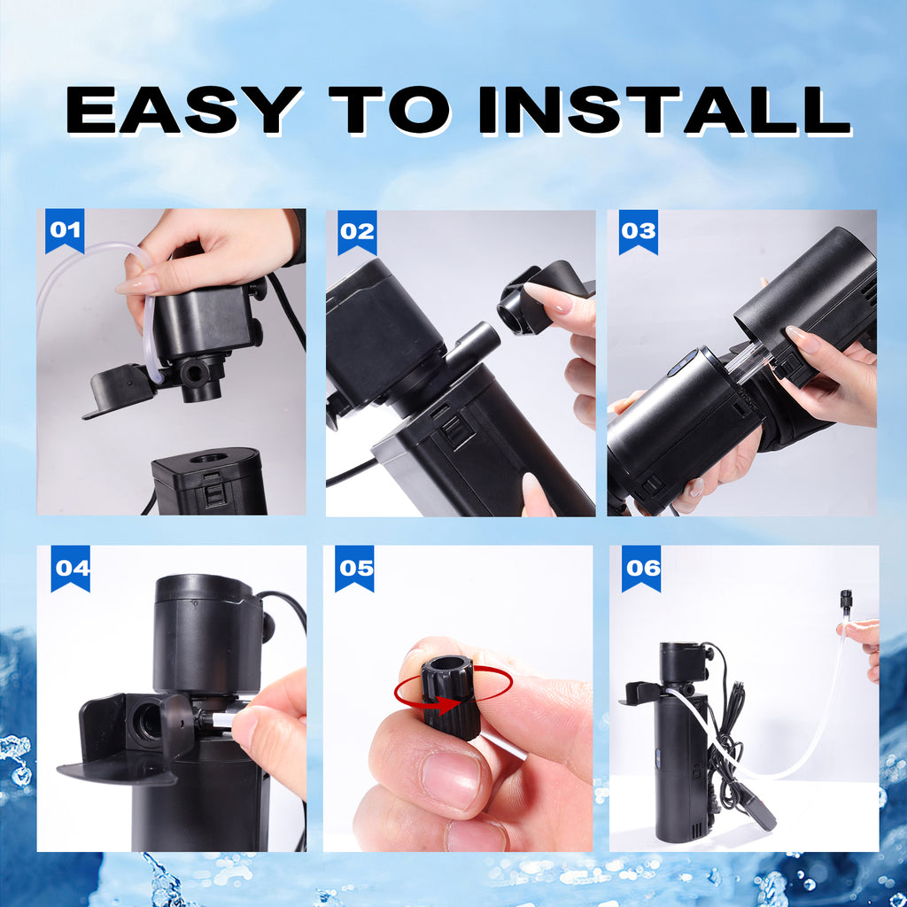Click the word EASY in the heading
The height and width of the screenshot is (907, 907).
(182, 110)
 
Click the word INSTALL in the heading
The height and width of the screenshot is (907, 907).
(664, 110)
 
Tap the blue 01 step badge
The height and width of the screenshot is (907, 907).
(64, 230)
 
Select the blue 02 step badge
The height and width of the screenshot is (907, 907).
(357, 231)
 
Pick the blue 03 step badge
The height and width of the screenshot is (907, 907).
(638, 231)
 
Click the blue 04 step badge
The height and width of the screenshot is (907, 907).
(70, 567)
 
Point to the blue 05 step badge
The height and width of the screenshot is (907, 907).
(354, 567)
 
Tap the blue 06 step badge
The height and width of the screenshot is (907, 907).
(641, 567)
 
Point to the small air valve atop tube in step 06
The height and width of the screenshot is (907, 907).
(845, 602)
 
